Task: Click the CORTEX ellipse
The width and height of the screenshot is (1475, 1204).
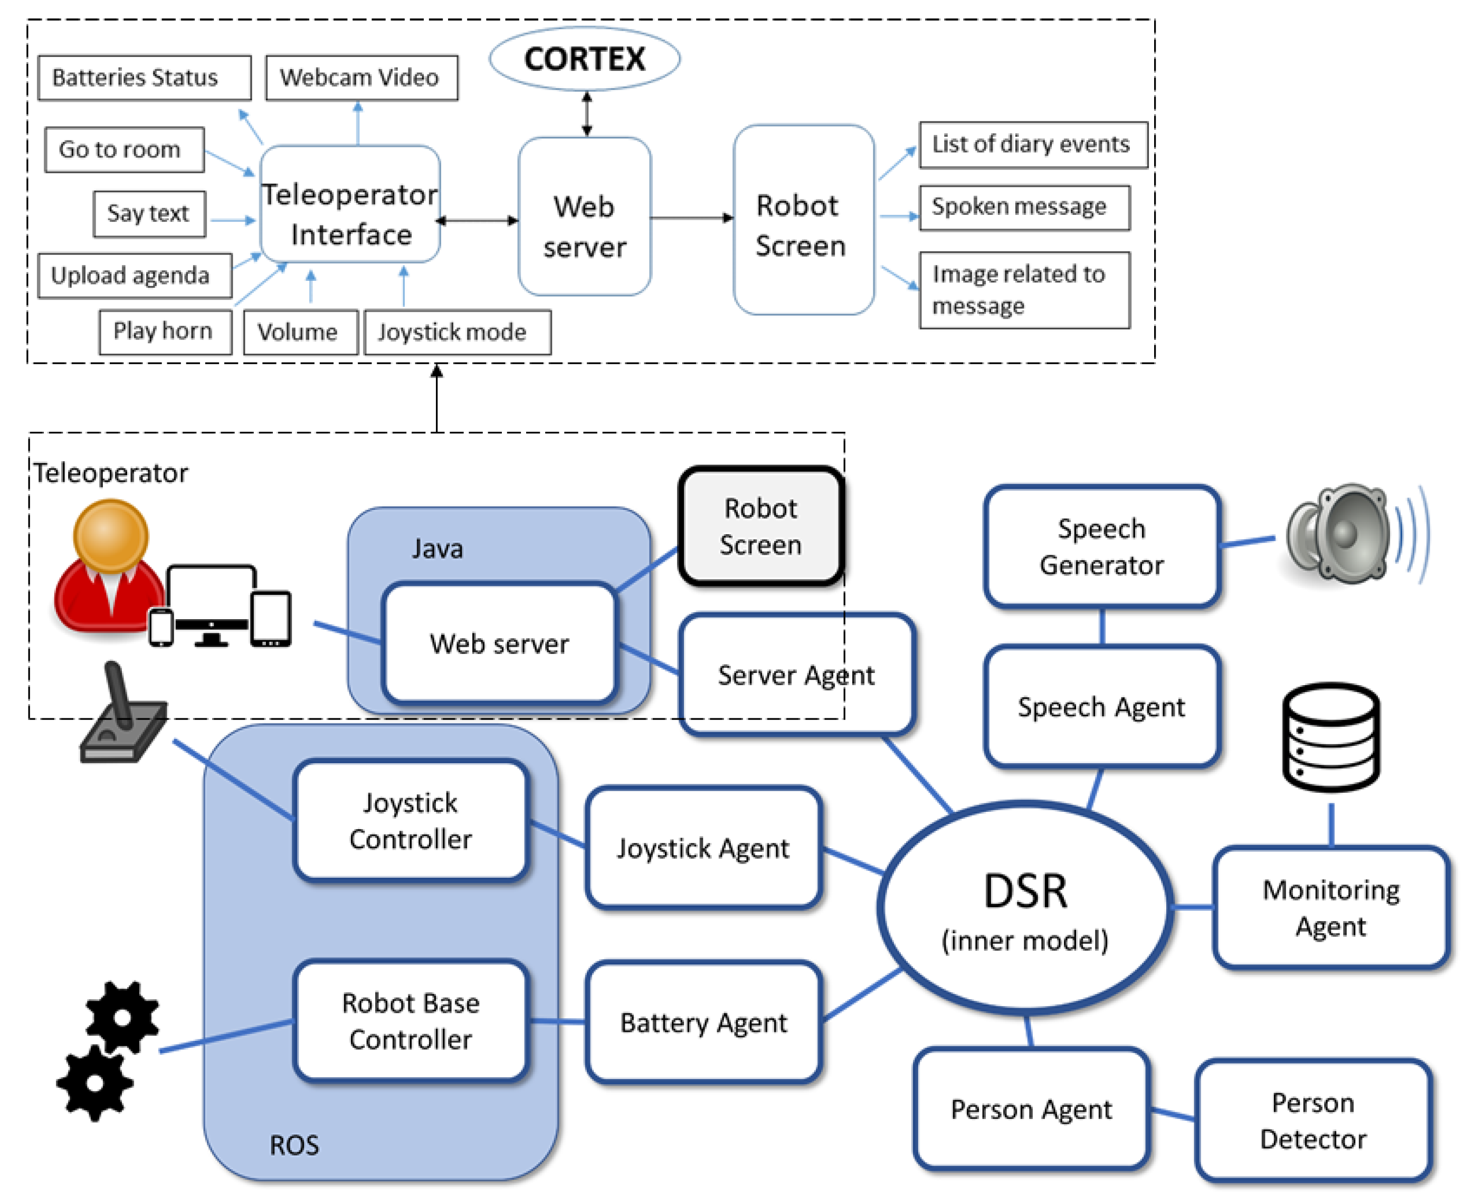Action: pyautogui.click(x=585, y=59)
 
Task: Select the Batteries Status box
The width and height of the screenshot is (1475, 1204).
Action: pyautogui.click(x=144, y=78)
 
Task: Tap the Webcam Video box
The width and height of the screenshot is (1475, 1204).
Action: pyautogui.click(x=361, y=78)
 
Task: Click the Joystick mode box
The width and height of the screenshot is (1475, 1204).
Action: pyautogui.click(x=458, y=332)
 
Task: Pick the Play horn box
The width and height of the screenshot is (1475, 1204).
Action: pyautogui.click(x=165, y=331)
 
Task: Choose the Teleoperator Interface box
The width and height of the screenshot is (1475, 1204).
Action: pyautogui.click(x=350, y=205)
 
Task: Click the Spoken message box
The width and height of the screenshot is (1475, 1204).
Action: pyautogui.click(x=1024, y=207)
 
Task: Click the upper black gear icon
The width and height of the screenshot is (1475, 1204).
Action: pyautogui.click(x=122, y=1017)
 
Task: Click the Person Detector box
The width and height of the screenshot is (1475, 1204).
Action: pyautogui.click(x=1313, y=1120)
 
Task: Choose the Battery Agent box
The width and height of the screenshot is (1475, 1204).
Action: pyautogui.click(x=703, y=1023)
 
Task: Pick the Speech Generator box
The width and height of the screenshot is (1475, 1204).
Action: pyautogui.click(x=1101, y=546)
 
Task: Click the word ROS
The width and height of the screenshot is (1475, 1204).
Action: pyautogui.click(x=294, y=1145)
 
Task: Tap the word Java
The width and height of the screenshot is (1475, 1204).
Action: pyautogui.click(x=437, y=548)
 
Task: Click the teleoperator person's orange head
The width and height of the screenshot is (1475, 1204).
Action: pyautogui.click(x=111, y=535)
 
